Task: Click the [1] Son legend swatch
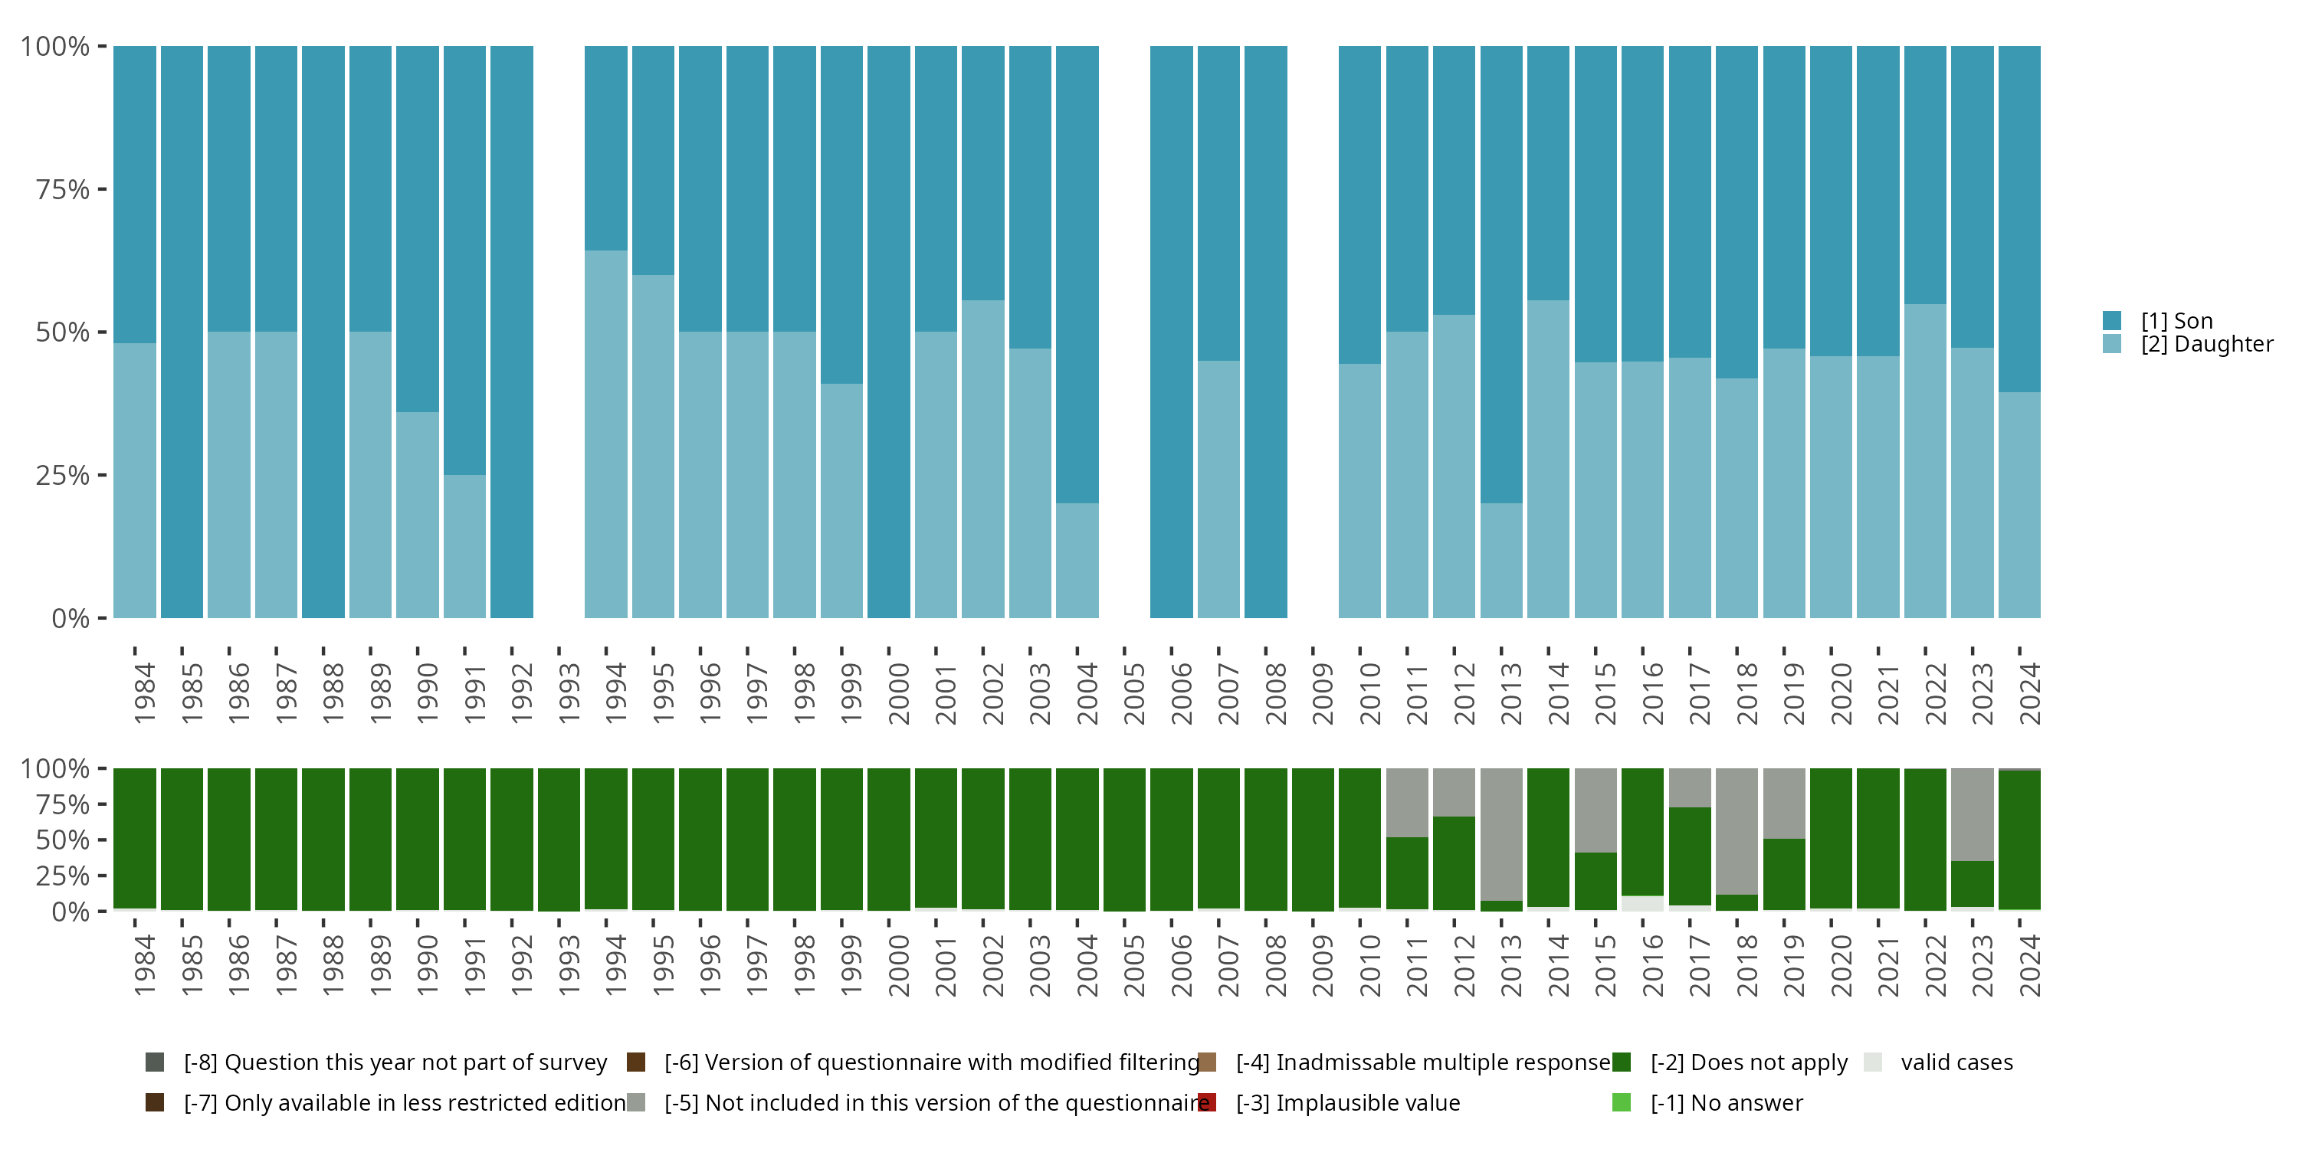pos(2111,321)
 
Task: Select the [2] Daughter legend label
pos(2206,345)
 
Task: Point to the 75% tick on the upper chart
pos(63,189)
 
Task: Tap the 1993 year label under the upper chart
pos(569,693)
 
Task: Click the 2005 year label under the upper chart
pos(1133,693)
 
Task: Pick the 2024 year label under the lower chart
pos(2028,965)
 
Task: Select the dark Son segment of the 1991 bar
pos(464,259)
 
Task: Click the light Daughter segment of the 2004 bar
pos(1077,560)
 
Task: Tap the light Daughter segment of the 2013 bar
pos(1501,560)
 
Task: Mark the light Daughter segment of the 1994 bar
pos(606,434)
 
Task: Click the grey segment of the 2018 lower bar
pos(1737,830)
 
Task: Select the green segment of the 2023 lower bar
pos(1973,883)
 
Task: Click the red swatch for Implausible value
pos(1207,1102)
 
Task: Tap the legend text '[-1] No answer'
pos(1726,1102)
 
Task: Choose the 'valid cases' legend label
pos(1956,1062)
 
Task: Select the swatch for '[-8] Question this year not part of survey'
pos(154,1062)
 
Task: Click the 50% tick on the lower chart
pos(63,840)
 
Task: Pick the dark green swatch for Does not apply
pos(1622,1062)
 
